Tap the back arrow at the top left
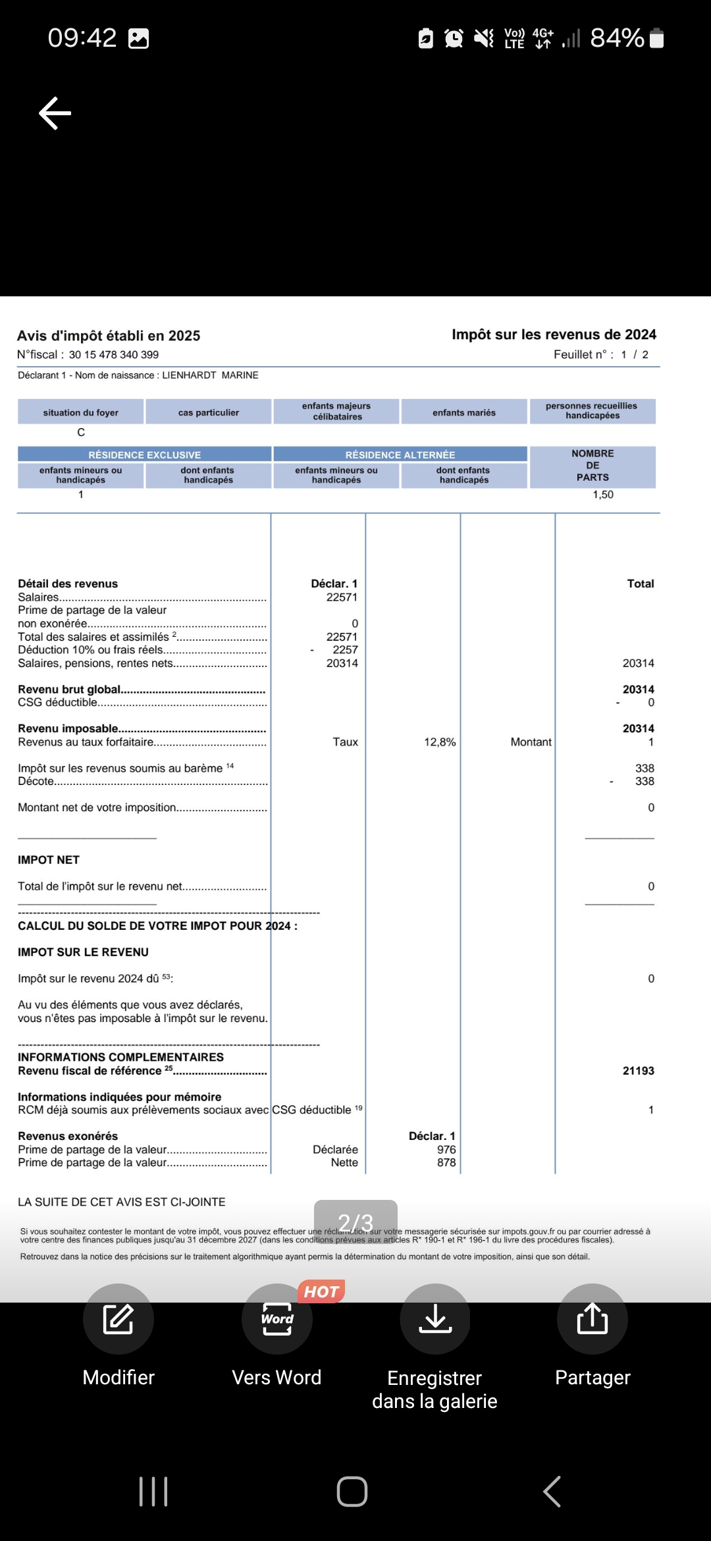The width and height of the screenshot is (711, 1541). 55,113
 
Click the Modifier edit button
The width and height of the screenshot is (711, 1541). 118,1318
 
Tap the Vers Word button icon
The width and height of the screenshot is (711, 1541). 276,1318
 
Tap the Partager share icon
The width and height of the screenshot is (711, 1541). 592,1318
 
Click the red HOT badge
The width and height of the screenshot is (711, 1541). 321,1291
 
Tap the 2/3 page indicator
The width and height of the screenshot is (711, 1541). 355,1222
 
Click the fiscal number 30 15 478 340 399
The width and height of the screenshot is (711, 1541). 114,355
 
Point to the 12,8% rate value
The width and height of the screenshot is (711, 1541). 440,742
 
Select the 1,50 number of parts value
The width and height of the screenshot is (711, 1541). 602,495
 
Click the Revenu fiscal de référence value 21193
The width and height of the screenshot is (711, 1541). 638,1071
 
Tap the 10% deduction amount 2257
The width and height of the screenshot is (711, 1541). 345,650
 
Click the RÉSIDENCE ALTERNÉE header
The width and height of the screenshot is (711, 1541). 400,455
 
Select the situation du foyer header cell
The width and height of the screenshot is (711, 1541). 80,412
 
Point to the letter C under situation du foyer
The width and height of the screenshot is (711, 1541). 81,433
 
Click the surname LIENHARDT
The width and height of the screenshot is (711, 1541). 189,375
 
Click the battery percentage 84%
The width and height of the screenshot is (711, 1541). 617,38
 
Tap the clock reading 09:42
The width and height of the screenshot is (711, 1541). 82,38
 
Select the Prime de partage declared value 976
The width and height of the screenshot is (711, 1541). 446,1149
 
